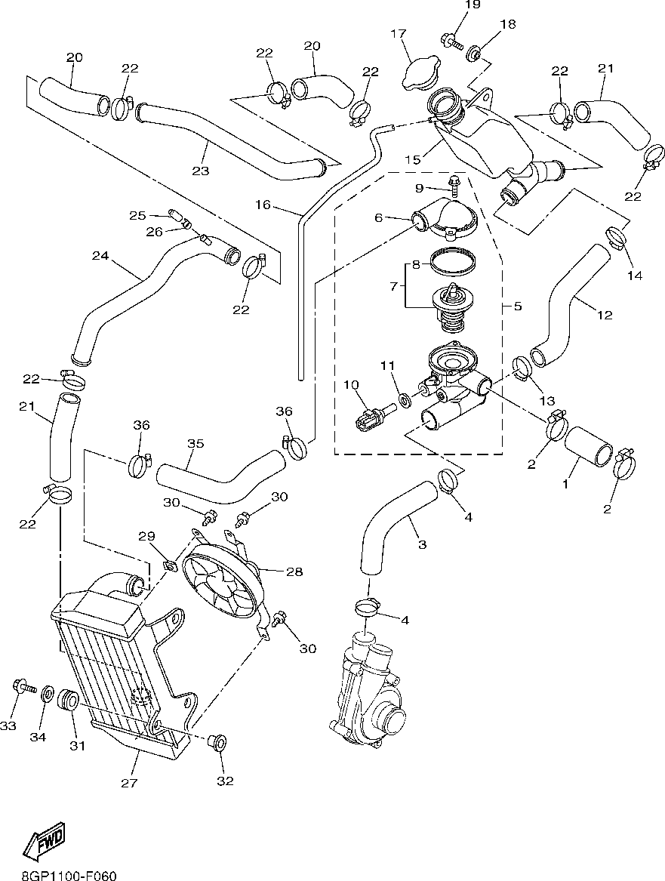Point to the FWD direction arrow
pyautogui.click(x=43, y=841)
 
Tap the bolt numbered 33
pyautogui.click(x=22, y=687)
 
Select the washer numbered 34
pyautogui.click(x=47, y=693)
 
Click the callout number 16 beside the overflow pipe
pyautogui.click(x=262, y=205)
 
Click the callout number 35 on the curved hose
pyautogui.click(x=195, y=444)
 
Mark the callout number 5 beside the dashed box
pyautogui.click(x=517, y=307)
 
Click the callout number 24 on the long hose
pyautogui.click(x=100, y=257)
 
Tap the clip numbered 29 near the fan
pyautogui.click(x=169, y=565)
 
